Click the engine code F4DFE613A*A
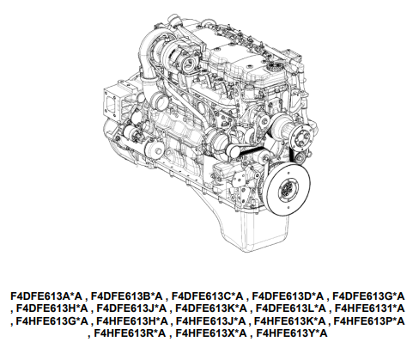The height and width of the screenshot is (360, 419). click(46, 296)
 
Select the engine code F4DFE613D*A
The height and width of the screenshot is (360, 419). click(288, 296)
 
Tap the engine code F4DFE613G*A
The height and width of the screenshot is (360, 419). click(368, 296)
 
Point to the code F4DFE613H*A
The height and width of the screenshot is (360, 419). click(52, 308)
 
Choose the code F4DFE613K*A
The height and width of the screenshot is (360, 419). click(211, 308)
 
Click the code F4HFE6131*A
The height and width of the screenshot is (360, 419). click(370, 308)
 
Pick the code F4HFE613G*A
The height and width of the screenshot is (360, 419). click(52, 321)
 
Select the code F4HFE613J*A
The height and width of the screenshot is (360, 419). click(210, 321)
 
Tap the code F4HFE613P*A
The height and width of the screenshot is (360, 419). click(369, 321)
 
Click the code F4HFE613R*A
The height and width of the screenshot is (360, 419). click(130, 333)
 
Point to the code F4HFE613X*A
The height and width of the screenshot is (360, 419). click(211, 333)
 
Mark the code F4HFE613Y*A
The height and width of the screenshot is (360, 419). click(292, 333)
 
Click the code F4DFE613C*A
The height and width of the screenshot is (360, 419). click(207, 296)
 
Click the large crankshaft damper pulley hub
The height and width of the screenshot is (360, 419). click(287, 189)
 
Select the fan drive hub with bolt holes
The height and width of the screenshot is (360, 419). click(301, 140)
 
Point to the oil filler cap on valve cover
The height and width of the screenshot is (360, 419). click(275, 68)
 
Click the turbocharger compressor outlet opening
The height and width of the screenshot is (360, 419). click(190, 63)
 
